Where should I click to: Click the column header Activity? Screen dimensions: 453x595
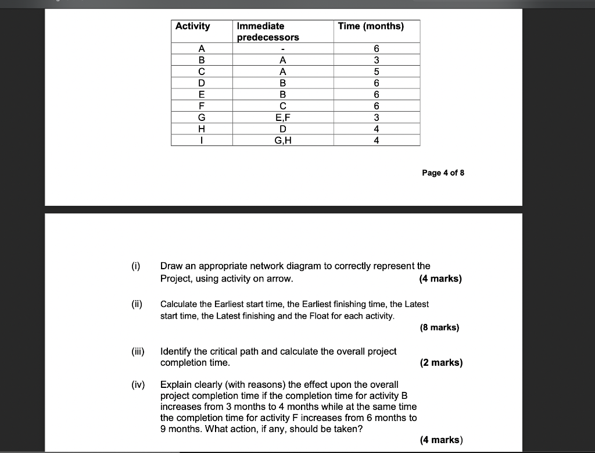tap(193, 26)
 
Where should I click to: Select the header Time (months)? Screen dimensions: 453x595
tap(371, 26)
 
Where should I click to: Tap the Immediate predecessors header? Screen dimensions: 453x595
tap(268, 31)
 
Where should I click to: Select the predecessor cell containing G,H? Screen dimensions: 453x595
tap(282, 140)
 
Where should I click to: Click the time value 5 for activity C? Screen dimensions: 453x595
tap(377, 72)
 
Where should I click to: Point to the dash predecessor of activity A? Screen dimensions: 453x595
tap(282, 49)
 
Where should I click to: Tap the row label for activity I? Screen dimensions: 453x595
tap(202, 140)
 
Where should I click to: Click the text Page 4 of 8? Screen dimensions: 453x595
tap(443, 173)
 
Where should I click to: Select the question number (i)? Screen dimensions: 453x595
tap(135, 266)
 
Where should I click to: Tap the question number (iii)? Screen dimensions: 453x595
tap(137, 351)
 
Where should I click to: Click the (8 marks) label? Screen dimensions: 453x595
tap(439, 327)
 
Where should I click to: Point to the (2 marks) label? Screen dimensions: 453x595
tap(441, 363)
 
